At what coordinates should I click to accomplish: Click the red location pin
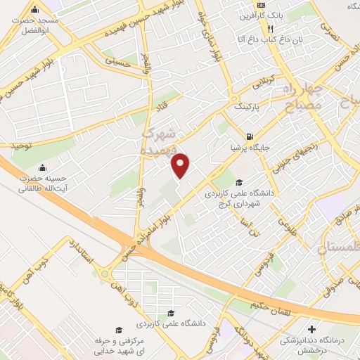click(x=181, y=165)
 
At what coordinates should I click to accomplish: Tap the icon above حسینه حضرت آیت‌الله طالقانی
click(x=44, y=168)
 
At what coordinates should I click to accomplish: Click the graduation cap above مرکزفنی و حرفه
click(x=119, y=330)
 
